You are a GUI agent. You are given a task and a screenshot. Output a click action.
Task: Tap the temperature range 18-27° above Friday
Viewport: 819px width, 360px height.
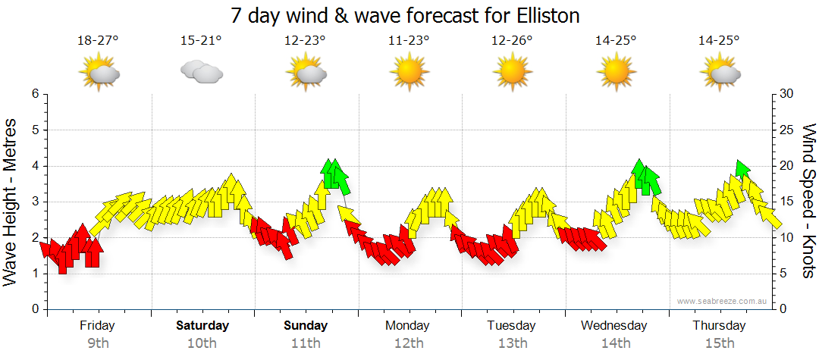coord(99,40)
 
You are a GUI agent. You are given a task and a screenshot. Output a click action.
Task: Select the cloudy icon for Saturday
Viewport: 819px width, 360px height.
coord(201,72)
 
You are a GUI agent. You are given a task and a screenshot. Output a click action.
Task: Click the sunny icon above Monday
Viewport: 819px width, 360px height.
coord(409,73)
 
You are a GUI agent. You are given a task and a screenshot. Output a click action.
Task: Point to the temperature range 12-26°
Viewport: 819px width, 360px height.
coord(512,40)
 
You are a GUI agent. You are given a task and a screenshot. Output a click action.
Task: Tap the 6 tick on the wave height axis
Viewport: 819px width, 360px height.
coord(34,94)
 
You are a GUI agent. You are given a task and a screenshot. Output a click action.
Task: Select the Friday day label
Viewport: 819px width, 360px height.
coord(97,326)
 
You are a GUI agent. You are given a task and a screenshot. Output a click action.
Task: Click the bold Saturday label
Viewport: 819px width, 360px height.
coord(202,326)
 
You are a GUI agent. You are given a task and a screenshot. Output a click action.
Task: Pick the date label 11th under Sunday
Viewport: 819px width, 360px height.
coord(306,343)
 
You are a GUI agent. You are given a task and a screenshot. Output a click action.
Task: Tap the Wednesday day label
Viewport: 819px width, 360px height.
coord(614,326)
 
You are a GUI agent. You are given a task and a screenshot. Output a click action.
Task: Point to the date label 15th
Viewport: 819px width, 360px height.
coord(719,343)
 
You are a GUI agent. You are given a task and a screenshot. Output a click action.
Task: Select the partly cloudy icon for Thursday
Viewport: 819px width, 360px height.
coord(719,73)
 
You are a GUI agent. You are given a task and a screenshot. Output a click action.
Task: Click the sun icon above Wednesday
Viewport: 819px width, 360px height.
coord(615,73)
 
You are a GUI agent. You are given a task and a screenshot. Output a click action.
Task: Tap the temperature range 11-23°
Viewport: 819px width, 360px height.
coord(409,40)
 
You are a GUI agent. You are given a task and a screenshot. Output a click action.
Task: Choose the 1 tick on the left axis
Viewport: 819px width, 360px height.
coord(34,274)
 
